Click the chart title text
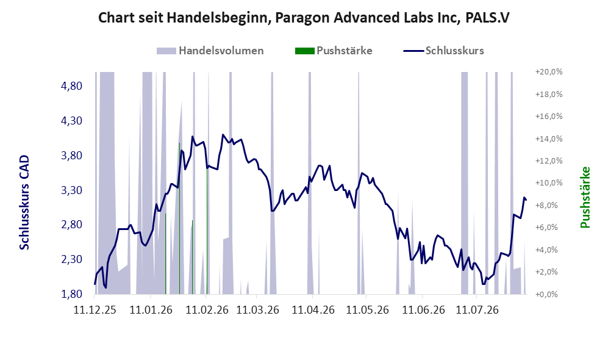tap(304, 18)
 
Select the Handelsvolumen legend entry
tap(210, 51)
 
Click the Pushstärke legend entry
tap(334, 51)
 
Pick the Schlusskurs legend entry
tap(443, 51)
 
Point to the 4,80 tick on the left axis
tap(72, 86)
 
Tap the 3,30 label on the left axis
tap(72, 190)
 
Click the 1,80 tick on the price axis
tap(72, 294)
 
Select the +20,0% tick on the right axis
tap(549, 72)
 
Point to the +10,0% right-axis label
tap(549, 182)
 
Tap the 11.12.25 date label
tap(95, 310)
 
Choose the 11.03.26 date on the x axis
tap(257, 310)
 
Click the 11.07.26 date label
tap(477, 310)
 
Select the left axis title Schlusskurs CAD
tap(24, 203)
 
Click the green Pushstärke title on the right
tap(585, 197)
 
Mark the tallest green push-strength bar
tap(179, 218)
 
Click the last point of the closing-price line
tap(526, 200)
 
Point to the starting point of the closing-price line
tap(95, 284)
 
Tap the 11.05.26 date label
tap(367, 310)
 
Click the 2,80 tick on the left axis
tap(72, 225)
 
